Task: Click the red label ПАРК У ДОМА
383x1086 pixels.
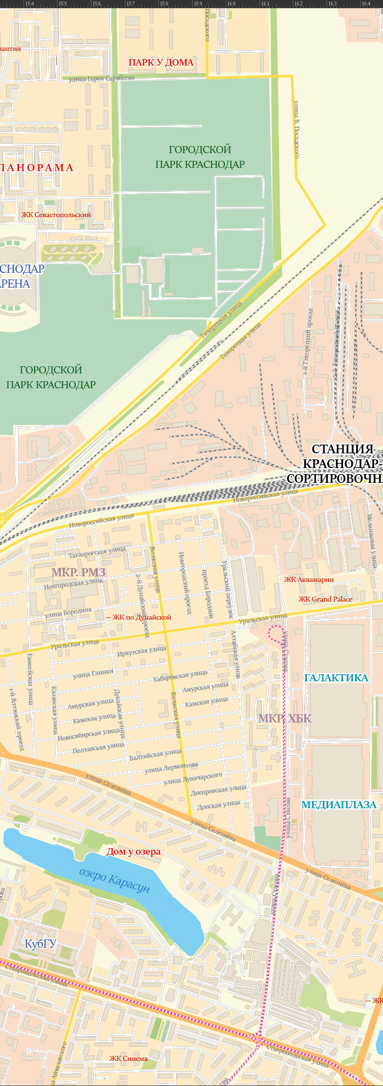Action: coord(161,62)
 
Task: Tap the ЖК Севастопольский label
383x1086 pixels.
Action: coord(56,215)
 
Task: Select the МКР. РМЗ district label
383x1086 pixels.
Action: coord(79,573)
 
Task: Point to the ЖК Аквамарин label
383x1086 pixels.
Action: coord(309,579)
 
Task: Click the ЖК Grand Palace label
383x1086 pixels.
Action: coord(325,599)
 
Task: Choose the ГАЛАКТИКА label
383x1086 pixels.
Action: coord(336,678)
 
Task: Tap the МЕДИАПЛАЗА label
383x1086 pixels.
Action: coord(339,804)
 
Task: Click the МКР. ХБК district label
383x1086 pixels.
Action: coord(285,718)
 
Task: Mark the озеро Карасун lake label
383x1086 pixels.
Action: coord(114,879)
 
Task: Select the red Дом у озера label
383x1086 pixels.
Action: coord(134,851)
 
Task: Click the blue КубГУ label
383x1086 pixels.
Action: coord(40,943)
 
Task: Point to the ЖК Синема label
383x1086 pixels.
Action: coord(129,1058)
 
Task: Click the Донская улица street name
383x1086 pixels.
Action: coord(218,805)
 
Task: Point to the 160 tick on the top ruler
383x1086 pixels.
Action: coord(231,4)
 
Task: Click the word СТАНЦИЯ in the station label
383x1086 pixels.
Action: coord(343,449)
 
